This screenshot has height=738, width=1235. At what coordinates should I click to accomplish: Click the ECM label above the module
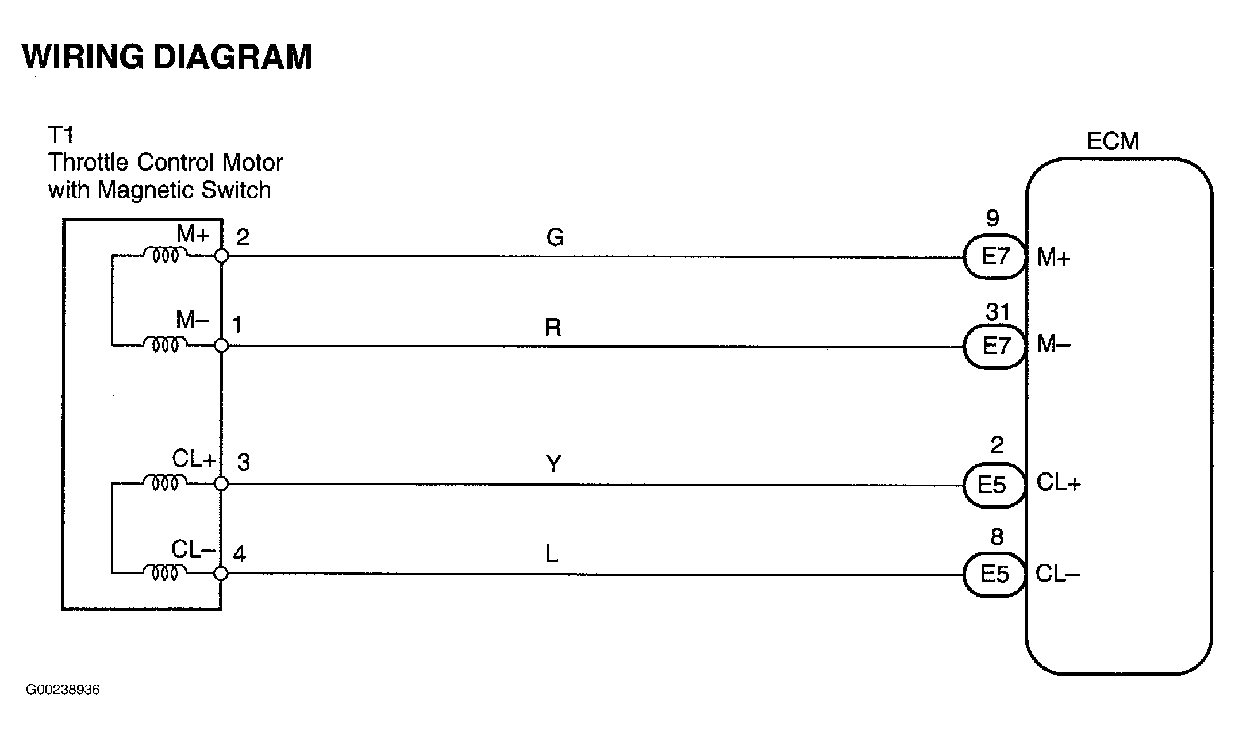pos(1113,141)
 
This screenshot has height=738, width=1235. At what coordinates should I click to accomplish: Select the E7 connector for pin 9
pos(995,256)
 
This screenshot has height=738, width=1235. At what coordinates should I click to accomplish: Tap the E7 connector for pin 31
pos(995,346)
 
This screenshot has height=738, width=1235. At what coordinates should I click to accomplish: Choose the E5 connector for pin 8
pos(994,574)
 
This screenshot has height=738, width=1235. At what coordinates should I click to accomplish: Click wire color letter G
pos(555,237)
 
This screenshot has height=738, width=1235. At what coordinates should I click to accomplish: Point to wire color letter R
pos(553,328)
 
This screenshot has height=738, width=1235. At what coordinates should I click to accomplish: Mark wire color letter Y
pos(553,464)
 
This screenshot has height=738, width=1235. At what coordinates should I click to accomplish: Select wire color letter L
pos(552,555)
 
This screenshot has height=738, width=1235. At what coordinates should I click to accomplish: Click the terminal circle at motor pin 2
pos(221,256)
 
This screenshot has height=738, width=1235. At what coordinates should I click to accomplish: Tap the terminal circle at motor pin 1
pos(221,345)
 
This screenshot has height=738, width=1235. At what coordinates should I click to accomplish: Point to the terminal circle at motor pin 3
pos(221,485)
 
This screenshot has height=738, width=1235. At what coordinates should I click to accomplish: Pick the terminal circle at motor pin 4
pos(221,574)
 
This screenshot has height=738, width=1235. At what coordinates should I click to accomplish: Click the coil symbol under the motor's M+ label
pos(165,255)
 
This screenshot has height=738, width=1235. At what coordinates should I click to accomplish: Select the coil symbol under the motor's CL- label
pos(165,572)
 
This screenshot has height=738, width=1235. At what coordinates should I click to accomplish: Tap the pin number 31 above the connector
pos(998,312)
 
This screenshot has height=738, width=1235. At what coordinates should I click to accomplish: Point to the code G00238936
pos(63,689)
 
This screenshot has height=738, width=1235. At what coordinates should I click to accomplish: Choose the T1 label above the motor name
pos(60,135)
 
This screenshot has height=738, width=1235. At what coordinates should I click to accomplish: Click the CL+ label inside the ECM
pos(1059,483)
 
